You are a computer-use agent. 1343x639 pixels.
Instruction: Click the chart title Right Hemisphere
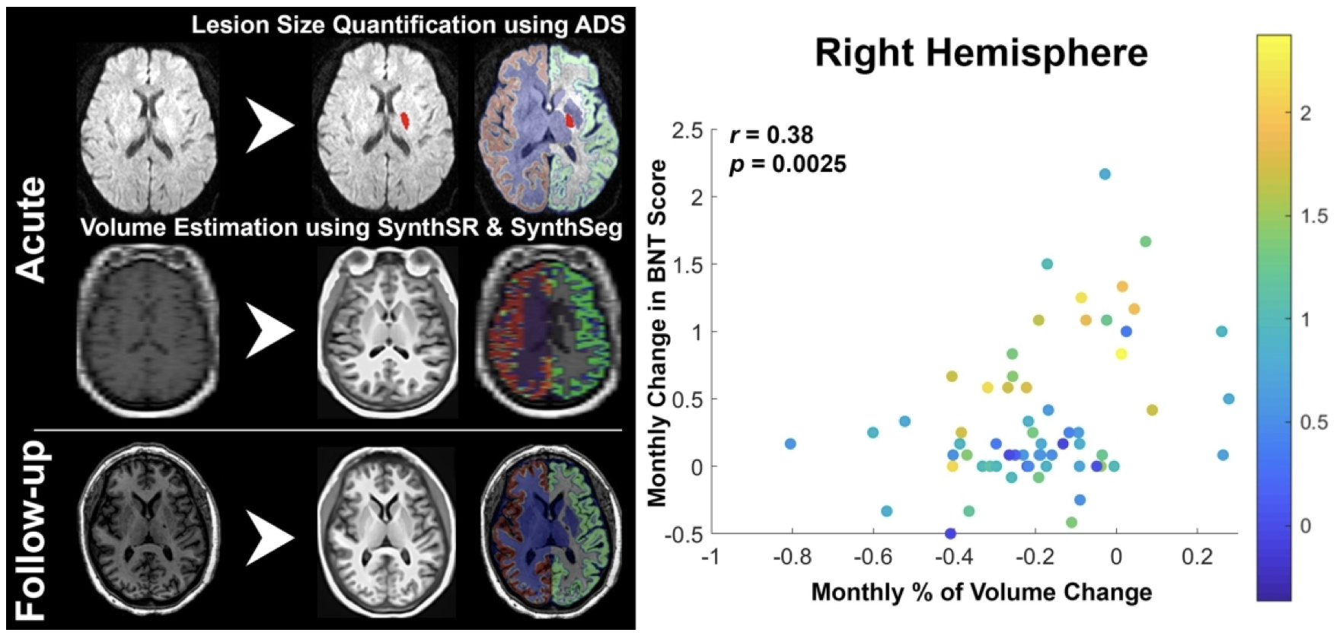tap(981, 53)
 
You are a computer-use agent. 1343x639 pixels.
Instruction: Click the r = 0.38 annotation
tap(771, 135)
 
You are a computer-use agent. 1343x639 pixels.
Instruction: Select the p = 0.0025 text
tap(787, 164)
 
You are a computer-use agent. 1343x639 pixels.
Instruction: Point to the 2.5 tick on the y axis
tap(687, 130)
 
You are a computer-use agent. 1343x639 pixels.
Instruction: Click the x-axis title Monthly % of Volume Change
tap(981, 592)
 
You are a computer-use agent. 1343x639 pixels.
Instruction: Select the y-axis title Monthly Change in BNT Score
tap(656, 333)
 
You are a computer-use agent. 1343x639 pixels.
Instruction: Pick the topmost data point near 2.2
tap(1105, 174)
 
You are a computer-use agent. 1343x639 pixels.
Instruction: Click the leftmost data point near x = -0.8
tap(790, 443)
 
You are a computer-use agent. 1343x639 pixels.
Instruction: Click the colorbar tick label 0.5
tap(1313, 422)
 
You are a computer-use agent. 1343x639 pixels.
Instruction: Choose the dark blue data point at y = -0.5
tap(950, 533)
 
